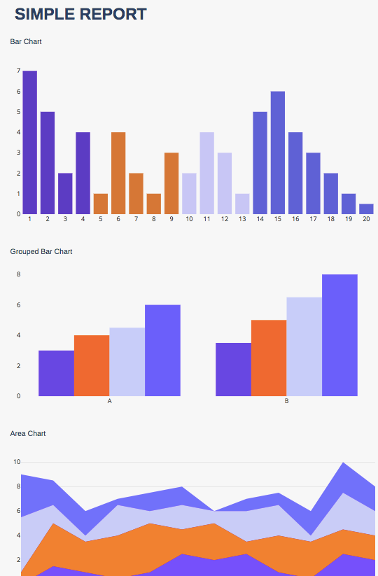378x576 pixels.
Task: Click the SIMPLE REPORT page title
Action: [80, 14]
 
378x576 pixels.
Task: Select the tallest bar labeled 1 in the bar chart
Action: [29, 143]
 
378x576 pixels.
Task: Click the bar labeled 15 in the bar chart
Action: [277, 153]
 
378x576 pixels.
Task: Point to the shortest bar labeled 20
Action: [366, 209]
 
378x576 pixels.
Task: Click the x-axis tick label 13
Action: [242, 219]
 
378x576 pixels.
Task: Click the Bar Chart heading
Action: [26, 42]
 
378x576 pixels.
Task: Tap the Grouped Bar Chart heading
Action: [41, 251]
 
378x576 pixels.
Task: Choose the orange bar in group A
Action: [92, 365]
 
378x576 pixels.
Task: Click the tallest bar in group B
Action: [339, 335]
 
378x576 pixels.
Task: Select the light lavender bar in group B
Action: [304, 346]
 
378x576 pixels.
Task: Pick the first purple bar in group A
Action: [56, 373]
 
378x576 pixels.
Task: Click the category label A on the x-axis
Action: [109, 401]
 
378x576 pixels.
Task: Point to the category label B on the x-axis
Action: [286, 401]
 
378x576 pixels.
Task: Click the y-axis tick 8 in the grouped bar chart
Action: [18, 274]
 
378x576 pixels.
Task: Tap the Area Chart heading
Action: [28, 434]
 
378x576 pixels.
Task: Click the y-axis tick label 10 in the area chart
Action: [17, 462]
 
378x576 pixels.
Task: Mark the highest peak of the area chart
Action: [343, 463]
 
